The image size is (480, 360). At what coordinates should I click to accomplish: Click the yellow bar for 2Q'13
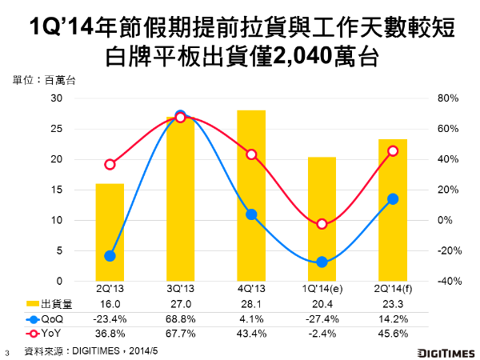point(110,232)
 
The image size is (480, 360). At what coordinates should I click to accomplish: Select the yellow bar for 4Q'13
point(251,195)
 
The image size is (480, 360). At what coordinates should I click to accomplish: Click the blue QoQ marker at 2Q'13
point(110,256)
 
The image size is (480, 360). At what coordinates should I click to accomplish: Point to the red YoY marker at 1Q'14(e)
point(322,224)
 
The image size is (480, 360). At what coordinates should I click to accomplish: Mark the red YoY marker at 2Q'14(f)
point(392,150)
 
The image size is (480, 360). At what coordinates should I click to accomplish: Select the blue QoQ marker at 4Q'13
point(251,214)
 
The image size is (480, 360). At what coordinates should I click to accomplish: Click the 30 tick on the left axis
point(57,98)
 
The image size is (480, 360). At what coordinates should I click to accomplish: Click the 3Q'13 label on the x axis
point(180,289)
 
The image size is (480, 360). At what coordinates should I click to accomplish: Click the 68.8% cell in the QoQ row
point(180,318)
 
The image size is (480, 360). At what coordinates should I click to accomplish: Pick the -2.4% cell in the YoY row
point(322,332)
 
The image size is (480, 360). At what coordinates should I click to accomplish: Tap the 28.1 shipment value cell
point(251,303)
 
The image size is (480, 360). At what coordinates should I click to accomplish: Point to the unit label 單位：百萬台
point(44,80)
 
